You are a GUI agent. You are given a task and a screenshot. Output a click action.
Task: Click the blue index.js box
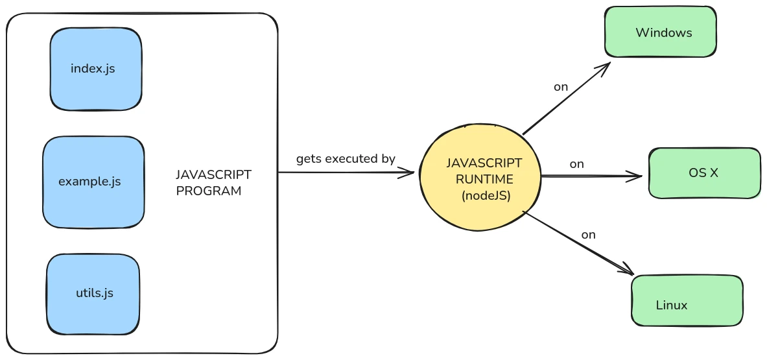click(95, 69)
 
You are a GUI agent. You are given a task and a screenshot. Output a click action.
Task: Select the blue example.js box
click(93, 182)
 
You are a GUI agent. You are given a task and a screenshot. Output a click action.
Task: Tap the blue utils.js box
click(93, 294)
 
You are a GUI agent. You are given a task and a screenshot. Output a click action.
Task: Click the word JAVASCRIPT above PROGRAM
click(213, 175)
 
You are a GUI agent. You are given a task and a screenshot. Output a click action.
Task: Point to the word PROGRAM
click(209, 191)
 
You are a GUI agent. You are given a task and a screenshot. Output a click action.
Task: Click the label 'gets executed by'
click(346, 159)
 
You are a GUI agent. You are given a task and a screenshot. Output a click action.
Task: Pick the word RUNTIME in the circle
click(484, 179)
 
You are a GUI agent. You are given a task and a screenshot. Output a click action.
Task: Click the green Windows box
click(660, 32)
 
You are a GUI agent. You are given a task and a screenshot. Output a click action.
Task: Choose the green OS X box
click(704, 173)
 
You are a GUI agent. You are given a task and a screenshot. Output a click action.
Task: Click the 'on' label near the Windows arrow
click(561, 87)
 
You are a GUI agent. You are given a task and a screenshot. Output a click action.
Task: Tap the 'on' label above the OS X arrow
click(576, 164)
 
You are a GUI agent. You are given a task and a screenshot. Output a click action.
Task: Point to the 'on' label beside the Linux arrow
click(588, 235)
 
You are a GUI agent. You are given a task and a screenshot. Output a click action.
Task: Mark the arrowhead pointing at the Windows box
click(606, 66)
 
